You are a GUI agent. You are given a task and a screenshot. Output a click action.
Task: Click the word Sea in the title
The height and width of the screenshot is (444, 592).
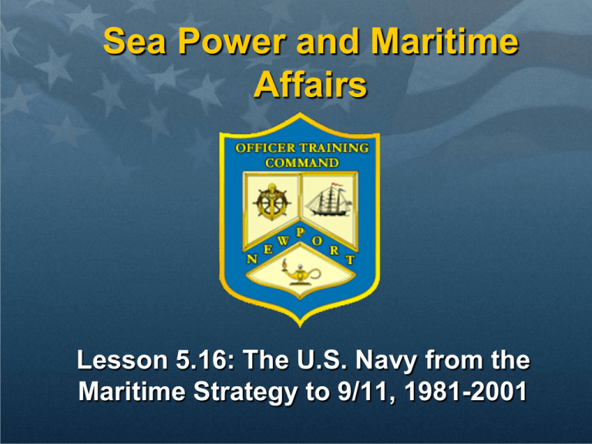134,41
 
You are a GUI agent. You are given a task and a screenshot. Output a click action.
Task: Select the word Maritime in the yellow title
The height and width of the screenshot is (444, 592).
445,41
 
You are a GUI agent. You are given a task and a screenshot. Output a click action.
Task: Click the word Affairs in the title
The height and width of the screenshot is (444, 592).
311,85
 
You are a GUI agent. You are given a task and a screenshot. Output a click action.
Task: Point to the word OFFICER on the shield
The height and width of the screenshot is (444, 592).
265,148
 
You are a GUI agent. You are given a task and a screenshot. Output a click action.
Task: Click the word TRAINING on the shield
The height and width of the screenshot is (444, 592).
334,148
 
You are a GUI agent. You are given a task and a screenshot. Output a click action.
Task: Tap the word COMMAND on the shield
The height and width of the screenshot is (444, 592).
302,163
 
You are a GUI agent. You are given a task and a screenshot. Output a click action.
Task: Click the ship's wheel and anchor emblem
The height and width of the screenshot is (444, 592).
272,202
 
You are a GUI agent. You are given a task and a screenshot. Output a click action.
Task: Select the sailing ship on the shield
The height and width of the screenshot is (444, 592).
328,200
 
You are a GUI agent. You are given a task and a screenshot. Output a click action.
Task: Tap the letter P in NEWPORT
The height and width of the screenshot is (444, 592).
301,233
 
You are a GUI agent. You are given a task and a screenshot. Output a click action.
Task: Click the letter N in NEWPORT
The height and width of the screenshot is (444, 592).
252,259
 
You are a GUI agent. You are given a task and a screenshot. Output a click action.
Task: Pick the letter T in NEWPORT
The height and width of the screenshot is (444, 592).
351,259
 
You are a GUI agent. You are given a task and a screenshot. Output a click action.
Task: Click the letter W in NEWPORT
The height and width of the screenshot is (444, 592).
283,240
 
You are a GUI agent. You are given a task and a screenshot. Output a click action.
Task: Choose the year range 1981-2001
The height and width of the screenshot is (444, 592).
466,391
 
